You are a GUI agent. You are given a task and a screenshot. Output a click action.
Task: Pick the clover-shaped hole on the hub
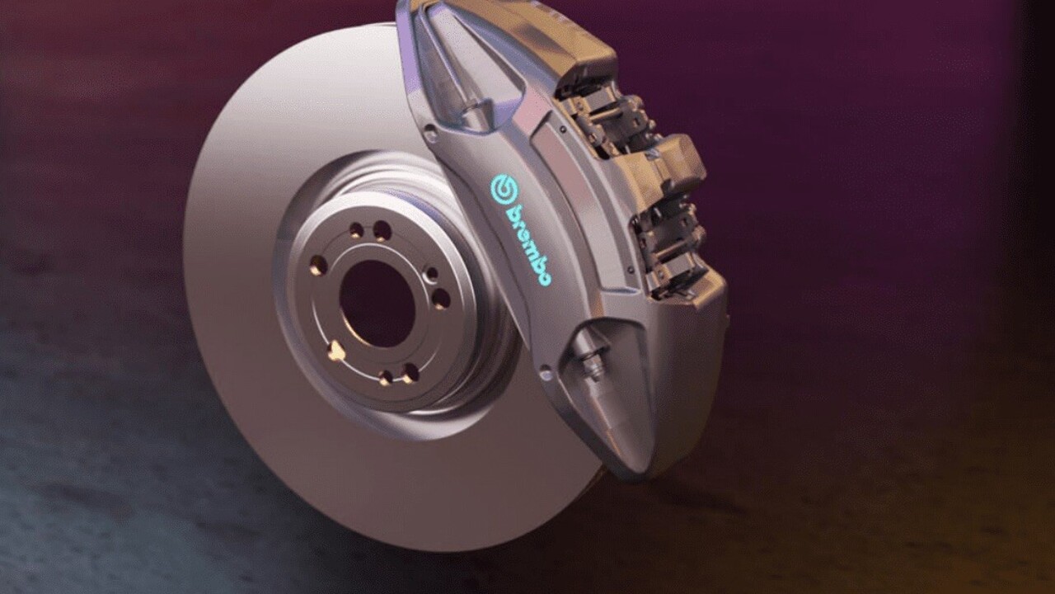[335, 351]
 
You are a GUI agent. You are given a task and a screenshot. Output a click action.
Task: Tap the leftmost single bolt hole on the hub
[318, 265]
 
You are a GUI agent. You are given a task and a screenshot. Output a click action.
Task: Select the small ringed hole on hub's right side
[430, 275]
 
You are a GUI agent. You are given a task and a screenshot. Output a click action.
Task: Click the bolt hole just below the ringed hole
[441, 299]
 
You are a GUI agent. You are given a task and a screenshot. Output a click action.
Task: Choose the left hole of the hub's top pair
[356, 230]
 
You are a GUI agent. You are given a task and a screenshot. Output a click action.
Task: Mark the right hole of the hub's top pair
[382, 231]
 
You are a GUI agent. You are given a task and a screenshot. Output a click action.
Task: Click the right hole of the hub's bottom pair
[410, 374]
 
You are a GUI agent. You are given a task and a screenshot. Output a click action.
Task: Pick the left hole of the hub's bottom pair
[385, 377]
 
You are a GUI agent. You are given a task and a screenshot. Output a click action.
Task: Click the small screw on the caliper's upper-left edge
[429, 130]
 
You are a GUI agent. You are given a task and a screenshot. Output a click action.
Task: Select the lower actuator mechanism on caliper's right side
[668, 247]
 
